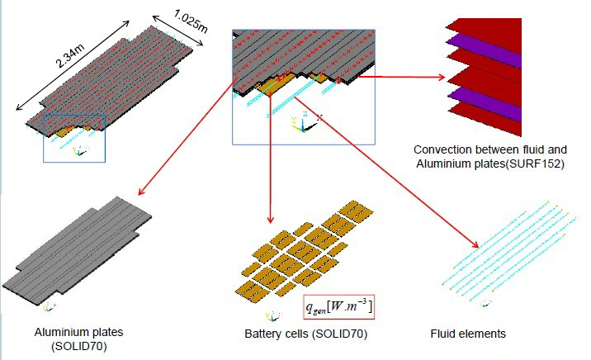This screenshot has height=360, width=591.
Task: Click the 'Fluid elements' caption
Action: point(467,334)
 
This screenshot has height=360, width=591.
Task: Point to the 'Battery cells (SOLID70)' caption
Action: point(305,334)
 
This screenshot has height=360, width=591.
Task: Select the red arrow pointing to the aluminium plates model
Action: point(186,141)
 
